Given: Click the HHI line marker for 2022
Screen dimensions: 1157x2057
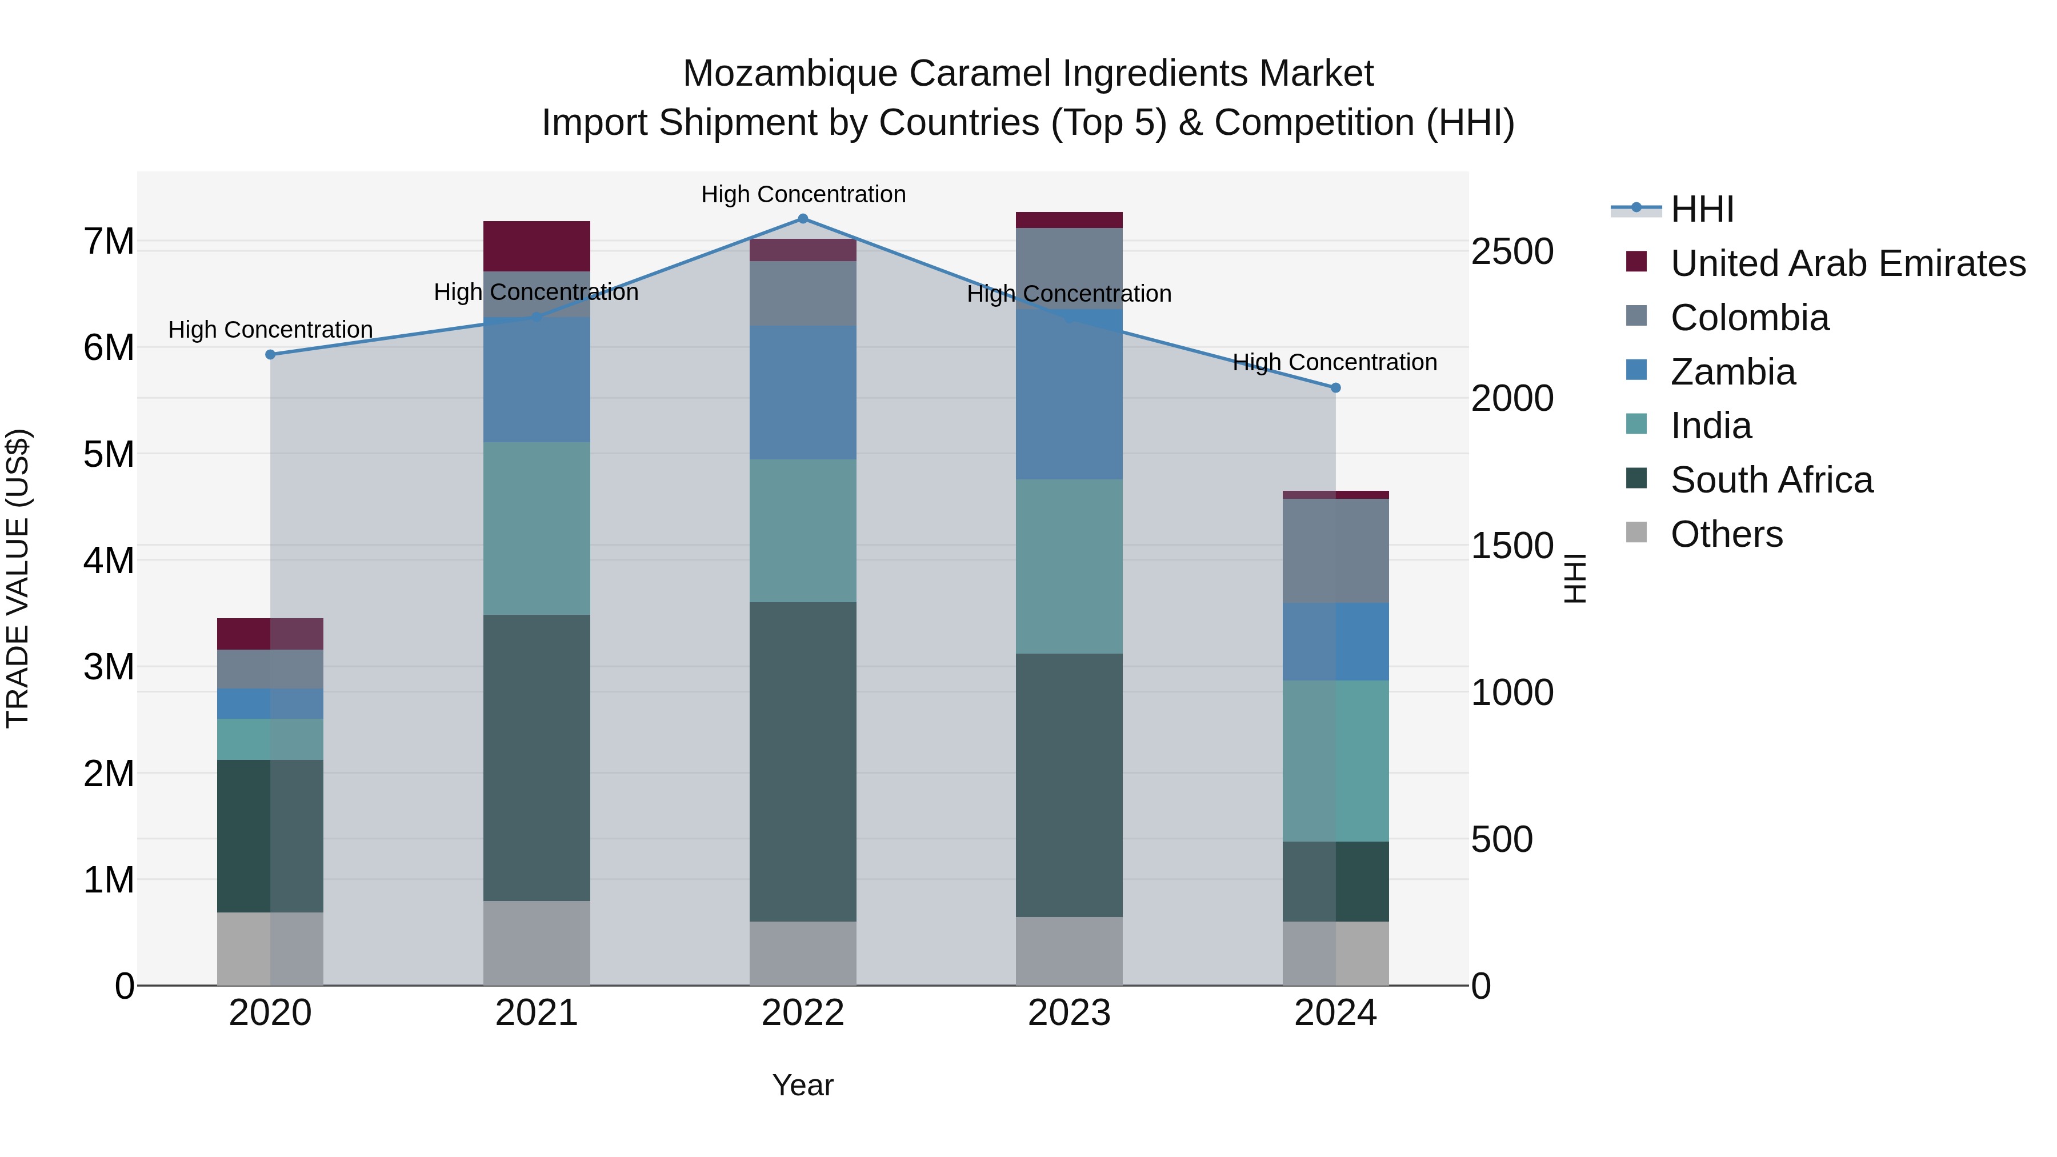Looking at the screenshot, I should [x=803, y=218].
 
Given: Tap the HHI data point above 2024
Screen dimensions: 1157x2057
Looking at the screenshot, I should [x=1335, y=387].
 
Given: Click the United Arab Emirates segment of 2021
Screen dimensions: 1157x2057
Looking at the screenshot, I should [x=537, y=246].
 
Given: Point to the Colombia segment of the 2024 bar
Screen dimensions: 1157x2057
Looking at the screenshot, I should [x=1335, y=550].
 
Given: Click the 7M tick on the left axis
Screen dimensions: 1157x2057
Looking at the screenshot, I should [x=109, y=241].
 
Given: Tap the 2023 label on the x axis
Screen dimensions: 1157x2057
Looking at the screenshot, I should [x=1068, y=1013].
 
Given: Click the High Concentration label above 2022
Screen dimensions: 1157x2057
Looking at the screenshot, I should [x=803, y=194].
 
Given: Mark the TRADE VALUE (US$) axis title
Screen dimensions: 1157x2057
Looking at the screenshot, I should [x=18, y=578].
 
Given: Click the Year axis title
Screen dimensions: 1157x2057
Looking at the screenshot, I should [x=803, y=1085].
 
